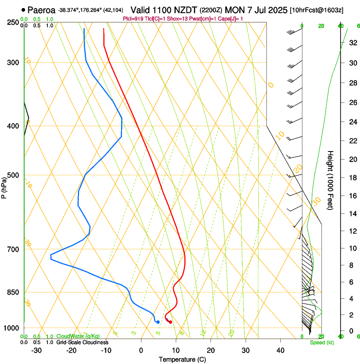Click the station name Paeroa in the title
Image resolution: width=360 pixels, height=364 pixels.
[x=42, y=10]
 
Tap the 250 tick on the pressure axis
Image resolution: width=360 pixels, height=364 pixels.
[x=13, y=22]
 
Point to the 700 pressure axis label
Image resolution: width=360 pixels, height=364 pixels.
[x=13, y=249]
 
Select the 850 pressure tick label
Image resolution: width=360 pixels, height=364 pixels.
[x=13, y=292]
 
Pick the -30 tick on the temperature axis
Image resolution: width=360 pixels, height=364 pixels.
[x=36, y=350]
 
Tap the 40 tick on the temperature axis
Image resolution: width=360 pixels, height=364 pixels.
[x=280, y=350]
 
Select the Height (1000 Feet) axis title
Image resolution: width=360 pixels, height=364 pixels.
[x=331, y=180]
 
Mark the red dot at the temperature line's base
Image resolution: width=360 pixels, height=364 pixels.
[x=170, y=322]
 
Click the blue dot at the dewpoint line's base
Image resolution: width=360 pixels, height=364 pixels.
[x=158, y=322]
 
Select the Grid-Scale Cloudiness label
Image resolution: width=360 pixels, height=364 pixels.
[x=82, y=342]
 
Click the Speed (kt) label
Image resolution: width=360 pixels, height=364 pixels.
[x=321, y=342]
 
